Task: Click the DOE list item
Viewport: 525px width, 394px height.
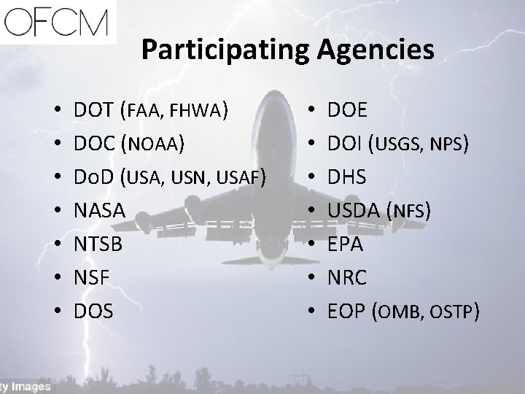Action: (x=349, y=110)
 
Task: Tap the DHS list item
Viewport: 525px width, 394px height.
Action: (x=348, y=177)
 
